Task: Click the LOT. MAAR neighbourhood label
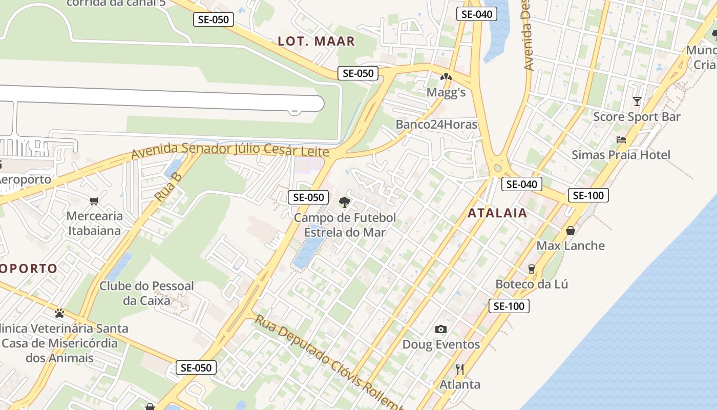point(316,42)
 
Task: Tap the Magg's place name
point(446,92)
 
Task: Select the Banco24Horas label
point(436,125)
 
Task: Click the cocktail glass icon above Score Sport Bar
point(637,101)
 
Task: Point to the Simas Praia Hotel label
point(621,155)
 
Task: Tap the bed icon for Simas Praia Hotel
point(621,140)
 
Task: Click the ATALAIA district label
point(497,213)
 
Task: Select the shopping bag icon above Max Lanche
point(570,231)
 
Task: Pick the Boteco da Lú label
point(532,284)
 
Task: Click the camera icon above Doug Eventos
point(440,329)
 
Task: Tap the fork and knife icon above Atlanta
point(460,370)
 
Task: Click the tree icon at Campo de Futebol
point(345,202)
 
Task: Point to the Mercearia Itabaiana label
point(95,223)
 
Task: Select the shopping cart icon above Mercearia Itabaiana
point(94,201)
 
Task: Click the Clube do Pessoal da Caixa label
point(146,293)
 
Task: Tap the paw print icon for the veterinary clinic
point(59,313)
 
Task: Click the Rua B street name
point(168,187)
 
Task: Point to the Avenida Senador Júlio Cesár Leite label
point(230,151)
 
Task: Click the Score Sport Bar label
point(637,117)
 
